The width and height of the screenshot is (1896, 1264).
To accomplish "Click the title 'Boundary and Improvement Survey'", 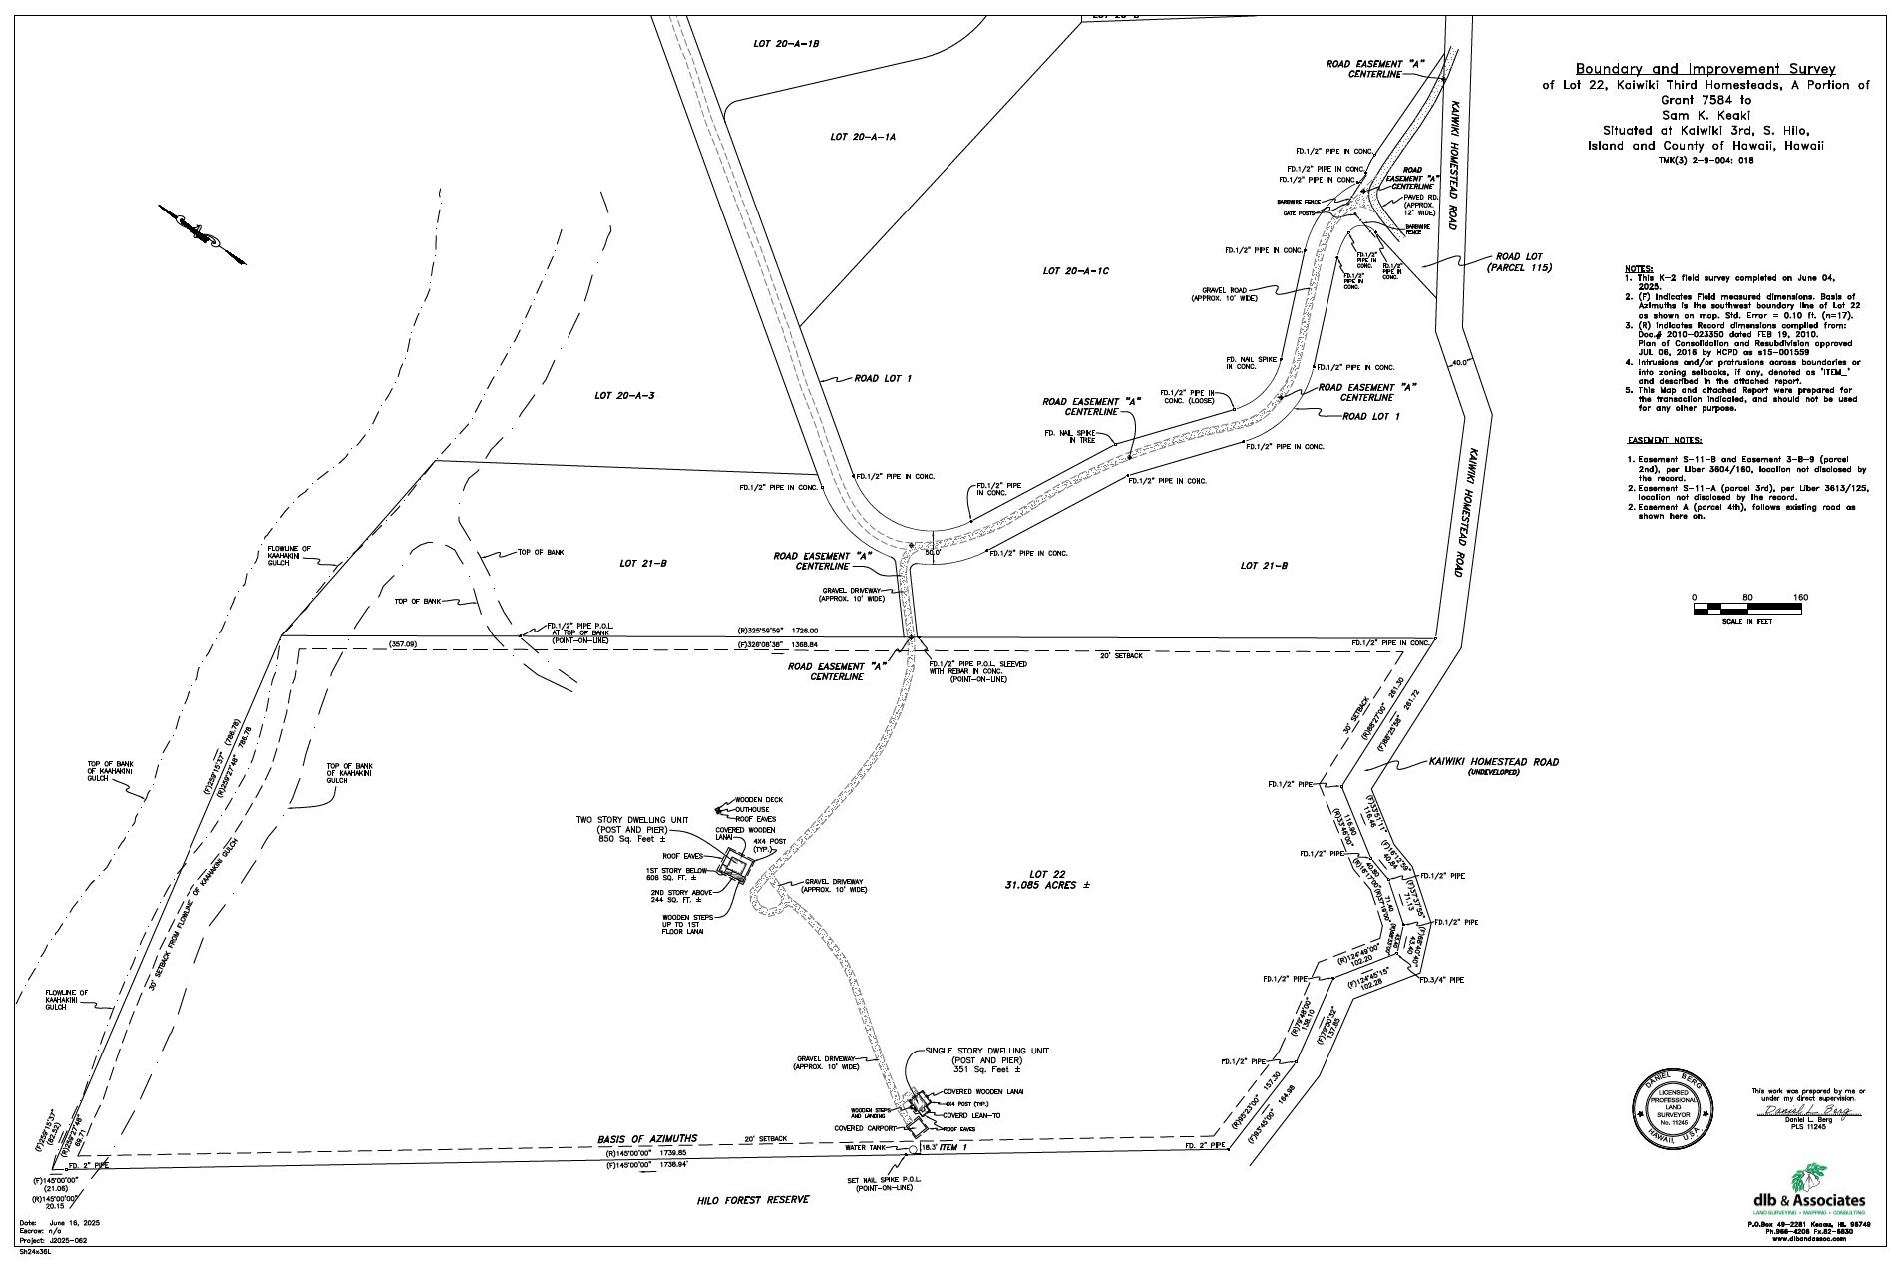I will tap(1705, 69).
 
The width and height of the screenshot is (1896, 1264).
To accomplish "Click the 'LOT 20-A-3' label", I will tap(624, 396).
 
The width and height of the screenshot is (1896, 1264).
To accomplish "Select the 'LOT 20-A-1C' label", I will tap(1076, 271).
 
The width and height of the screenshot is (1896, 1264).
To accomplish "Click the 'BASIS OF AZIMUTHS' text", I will tap(646, 1138).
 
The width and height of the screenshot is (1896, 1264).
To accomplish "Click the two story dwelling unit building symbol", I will tap(736, 864).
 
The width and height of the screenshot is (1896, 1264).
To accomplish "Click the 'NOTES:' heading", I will tap(1639, 269).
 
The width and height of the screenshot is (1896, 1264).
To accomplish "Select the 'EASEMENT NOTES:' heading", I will tap(1665, 440).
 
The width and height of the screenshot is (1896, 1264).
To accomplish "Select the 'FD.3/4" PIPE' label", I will tap(1441, 981).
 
